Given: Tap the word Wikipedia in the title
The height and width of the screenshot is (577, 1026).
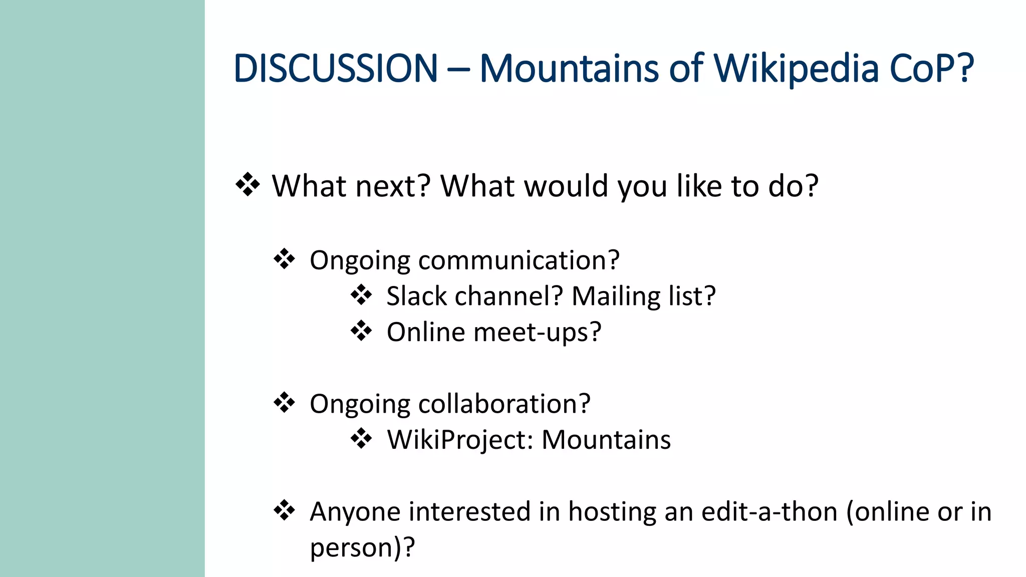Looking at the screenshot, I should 796,69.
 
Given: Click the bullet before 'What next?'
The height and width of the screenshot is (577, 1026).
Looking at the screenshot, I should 247,185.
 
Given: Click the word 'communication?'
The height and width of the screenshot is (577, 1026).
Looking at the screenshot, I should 519,261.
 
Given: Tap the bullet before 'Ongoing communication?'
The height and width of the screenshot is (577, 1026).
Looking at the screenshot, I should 284,259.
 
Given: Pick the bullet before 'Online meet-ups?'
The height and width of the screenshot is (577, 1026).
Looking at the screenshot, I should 361,331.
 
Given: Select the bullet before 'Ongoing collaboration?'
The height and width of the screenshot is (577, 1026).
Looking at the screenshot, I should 284,403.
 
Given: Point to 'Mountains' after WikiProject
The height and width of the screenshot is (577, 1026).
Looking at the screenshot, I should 606,440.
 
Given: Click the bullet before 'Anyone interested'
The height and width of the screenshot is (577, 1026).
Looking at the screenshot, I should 284,510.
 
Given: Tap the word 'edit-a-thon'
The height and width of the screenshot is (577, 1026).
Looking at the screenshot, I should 769,512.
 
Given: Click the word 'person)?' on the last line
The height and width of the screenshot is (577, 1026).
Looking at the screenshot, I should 362,548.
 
